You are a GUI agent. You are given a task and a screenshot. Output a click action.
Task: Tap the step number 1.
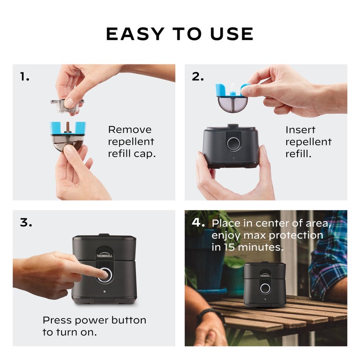(x=25, y=77)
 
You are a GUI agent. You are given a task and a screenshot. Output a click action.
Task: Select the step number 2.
(x=198, y=76)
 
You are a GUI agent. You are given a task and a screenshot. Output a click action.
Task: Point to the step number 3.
(x=26, y=222)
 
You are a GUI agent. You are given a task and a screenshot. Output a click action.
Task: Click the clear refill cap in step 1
(x=67, y=104)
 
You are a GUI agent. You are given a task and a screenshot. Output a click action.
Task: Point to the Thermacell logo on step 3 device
(x=104, y=255)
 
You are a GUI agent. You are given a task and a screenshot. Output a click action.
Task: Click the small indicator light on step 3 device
(x=104, y=292)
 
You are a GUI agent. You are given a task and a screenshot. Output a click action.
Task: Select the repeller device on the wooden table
(x=264, y=284)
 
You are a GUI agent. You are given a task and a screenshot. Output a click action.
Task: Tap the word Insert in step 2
(x=300, y=130)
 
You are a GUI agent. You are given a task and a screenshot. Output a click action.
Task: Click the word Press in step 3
(x=57, y=320)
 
